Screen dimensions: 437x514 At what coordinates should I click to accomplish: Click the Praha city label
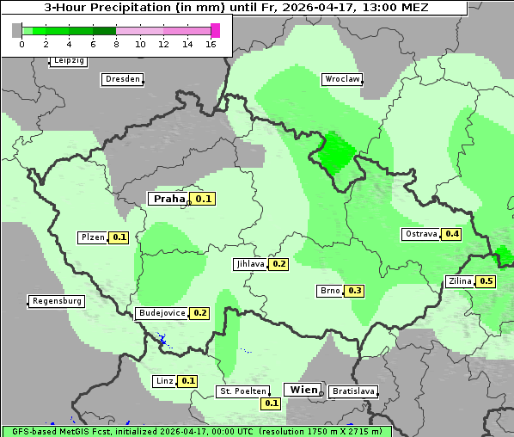168,199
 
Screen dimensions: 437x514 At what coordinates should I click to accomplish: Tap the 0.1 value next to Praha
204,199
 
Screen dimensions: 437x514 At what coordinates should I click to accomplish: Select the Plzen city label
92,237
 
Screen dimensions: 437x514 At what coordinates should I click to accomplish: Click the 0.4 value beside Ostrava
452,234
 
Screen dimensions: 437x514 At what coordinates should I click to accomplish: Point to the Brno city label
330,291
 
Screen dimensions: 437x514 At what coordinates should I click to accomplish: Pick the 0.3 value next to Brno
355,291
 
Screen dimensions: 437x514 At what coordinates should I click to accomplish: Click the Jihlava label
249,265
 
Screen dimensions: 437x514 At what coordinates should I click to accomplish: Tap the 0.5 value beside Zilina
486,281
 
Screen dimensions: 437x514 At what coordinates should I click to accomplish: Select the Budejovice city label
161,313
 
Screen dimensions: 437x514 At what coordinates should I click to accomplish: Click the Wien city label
301,390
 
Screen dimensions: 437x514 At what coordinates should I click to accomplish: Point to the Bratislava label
352,391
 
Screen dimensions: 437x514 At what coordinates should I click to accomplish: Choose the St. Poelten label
242,391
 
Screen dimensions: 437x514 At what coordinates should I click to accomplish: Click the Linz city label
164,381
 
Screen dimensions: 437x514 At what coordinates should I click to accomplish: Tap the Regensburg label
56,301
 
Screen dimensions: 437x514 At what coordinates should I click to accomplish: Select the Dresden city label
121,79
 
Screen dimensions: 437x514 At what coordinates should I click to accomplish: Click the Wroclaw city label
341,79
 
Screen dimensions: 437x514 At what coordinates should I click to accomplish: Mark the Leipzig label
68,61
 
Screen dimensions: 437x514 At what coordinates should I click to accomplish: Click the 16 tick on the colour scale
211,45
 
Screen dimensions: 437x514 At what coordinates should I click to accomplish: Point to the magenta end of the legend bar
215,30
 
